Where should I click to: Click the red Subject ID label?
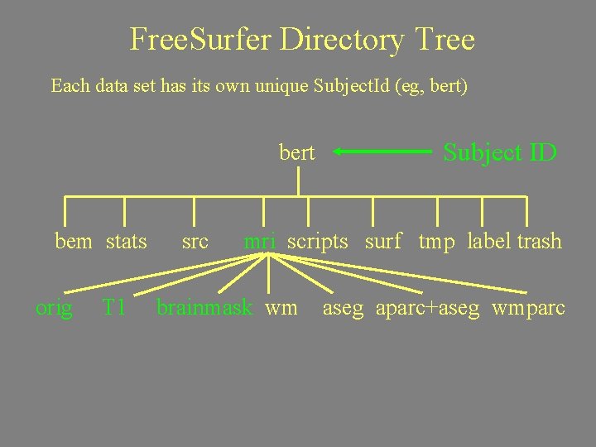500,152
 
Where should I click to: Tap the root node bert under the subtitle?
297,152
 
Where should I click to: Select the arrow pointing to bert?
383,152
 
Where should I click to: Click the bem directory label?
73,242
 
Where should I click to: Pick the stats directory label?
127,242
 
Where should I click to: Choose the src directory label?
195,242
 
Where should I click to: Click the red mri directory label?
259,242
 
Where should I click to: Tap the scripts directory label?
318,242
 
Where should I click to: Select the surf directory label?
383,242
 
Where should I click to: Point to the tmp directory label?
437,242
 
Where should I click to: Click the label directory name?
489,242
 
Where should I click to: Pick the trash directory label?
540,242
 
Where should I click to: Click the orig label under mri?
54,309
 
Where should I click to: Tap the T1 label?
113,309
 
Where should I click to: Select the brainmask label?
204,309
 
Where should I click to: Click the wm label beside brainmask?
281,309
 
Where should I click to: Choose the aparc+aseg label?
427,309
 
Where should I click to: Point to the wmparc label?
529,309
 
